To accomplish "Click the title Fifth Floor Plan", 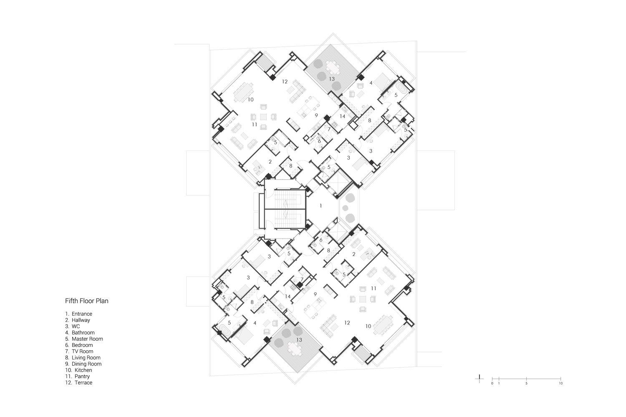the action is click(87, 301).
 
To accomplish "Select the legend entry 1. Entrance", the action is click(78, 314).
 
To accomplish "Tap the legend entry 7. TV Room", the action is click(79, 352).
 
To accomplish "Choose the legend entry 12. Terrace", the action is click(78, 383).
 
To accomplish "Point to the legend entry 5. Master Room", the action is click(84, 339).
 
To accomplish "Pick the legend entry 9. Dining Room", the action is click(83, 364).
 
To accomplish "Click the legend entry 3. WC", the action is click(72, 327).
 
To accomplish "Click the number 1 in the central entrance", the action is click(321, 206).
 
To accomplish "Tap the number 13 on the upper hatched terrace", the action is click(332, 79).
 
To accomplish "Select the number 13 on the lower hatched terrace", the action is click(299, 340).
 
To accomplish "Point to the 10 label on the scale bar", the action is click(560, 384).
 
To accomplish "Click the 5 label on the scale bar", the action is click(526, 384).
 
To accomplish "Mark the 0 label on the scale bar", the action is click(492, 384).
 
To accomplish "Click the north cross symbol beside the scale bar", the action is click(479, 379).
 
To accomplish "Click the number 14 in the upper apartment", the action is click(342, 116).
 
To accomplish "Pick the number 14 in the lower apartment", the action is click(288, 296).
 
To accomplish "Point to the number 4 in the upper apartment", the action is click(371, 83).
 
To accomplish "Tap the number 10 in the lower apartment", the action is click(369, 326).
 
